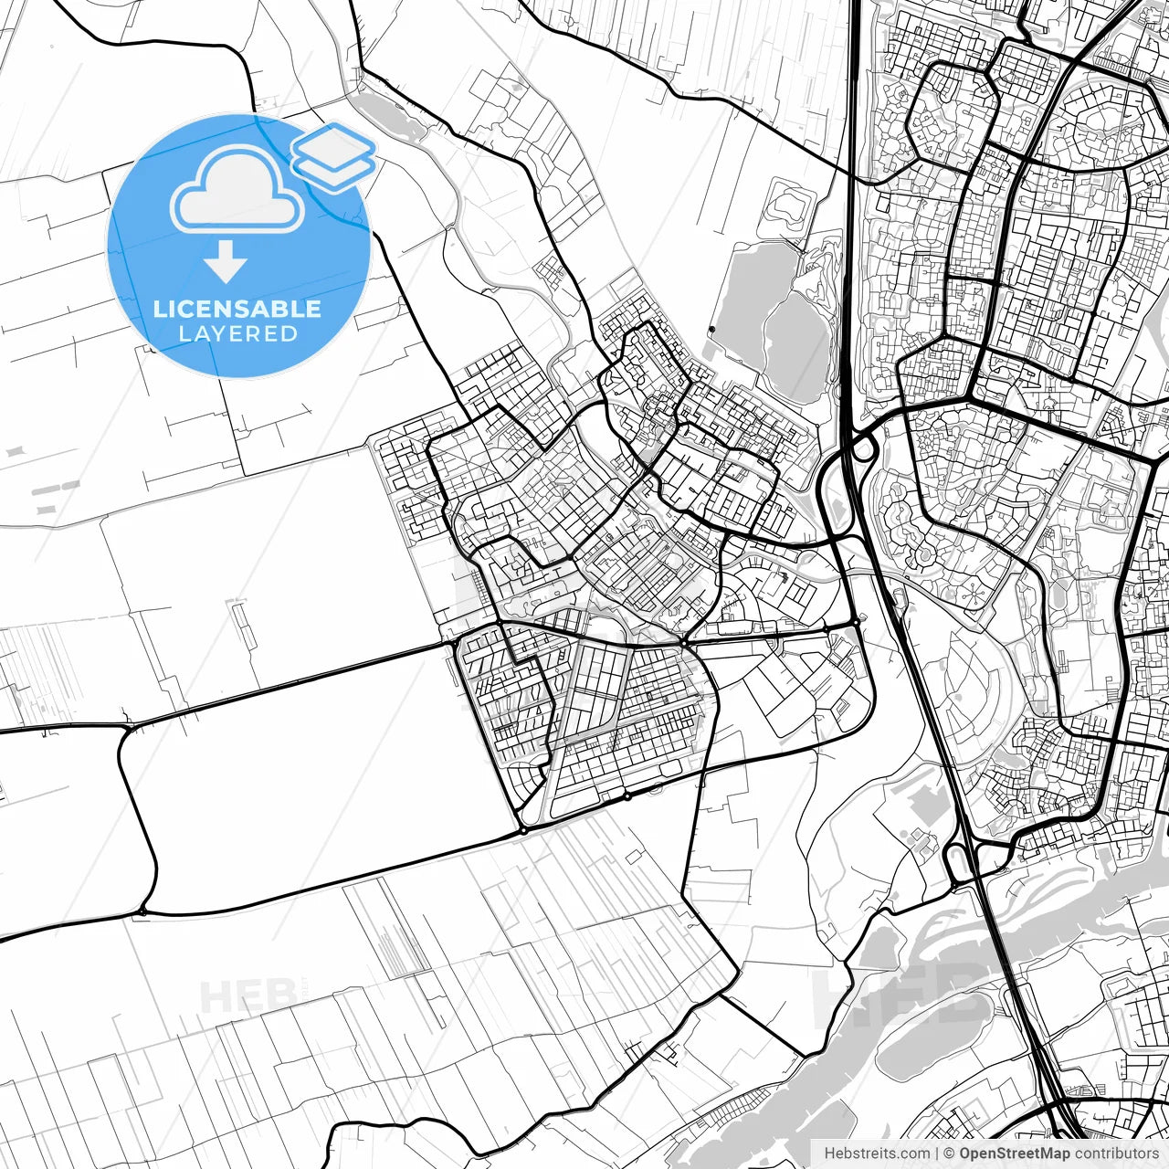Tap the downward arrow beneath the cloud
coord(226,263)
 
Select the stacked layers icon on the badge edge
coord(334,156)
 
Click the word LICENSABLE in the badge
coord(237,309)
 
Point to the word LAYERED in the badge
coord(237,334)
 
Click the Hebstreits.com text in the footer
coord(877,1153)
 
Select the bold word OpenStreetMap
coord(1015,1153)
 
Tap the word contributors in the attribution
coord(1116,1153)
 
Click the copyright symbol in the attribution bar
coord(950,1153)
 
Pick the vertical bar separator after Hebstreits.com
coord(937,1153)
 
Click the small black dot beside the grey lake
coord(711,330)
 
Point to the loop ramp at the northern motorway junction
coord(864,448)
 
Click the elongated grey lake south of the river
coord(922,1050)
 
